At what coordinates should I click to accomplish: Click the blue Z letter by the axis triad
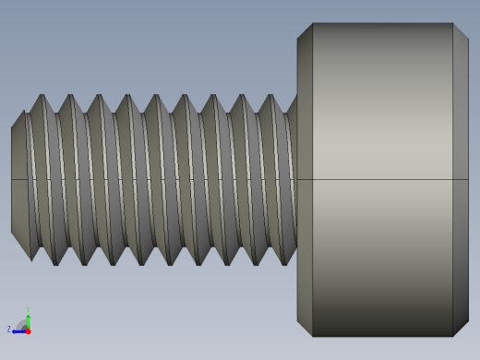[9, 329]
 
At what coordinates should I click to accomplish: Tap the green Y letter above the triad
[28, 310]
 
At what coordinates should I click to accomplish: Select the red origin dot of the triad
[28, 330]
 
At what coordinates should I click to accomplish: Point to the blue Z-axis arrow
[18, 330]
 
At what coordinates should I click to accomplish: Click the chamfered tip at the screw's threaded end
[18, 179]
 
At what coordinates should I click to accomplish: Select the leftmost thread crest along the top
[42, 96]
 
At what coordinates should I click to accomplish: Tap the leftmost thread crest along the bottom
[55, 263]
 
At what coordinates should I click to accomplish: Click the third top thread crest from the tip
[100, 96]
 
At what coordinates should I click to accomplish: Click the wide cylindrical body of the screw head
[383, 111]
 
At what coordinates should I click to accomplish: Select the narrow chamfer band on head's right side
[461, 179]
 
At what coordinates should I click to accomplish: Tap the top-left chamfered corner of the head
[305, 31]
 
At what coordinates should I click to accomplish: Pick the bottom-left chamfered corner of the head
[305, 328]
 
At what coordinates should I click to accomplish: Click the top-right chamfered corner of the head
[461, 31]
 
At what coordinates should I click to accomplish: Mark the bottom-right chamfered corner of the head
[461, 328]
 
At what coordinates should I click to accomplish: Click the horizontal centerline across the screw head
[383, 179]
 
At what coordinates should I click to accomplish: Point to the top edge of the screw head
[383, 23]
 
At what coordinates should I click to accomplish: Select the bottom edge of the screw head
[383, 336]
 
